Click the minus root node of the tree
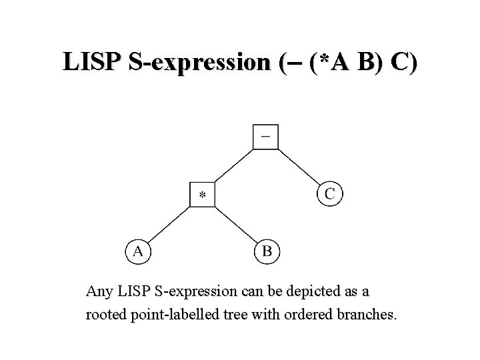265,137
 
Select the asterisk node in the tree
202,195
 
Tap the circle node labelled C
329,194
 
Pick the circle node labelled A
137,251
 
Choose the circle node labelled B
267,251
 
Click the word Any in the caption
99,291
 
